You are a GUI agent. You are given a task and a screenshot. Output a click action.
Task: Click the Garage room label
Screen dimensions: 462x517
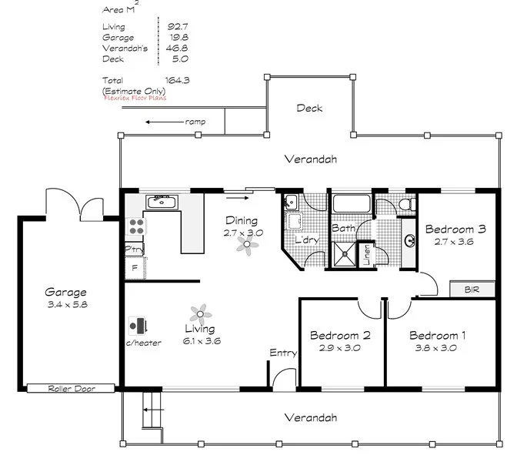pos(65,293)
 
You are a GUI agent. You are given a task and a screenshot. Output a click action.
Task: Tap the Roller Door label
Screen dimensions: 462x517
pos(71,389)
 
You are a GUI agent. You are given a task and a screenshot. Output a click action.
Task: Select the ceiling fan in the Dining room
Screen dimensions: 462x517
pos(246,245)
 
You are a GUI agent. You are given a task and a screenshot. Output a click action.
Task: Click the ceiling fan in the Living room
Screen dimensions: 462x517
pos(200,313)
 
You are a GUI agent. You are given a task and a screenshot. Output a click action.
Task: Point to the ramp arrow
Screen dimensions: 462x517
pos(162,122)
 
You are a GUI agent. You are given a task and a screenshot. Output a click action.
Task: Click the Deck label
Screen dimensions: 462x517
pos(309,109)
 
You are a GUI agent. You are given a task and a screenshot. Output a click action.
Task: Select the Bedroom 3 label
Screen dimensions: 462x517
pos(455,229)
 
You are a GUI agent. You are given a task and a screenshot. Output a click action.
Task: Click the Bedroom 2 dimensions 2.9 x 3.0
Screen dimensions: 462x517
pos(341,347)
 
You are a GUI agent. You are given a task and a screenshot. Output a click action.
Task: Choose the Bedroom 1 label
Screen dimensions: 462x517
pos(437,336)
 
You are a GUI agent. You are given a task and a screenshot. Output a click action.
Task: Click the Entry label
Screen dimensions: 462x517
pos(283,353)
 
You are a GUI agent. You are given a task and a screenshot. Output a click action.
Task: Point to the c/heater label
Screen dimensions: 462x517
pos(144,343)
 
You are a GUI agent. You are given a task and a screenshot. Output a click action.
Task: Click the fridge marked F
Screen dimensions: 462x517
pos(135,268)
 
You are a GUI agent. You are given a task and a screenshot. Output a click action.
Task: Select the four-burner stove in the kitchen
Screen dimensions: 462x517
pos(136,226)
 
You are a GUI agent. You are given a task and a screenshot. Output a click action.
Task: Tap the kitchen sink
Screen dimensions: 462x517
pos(162,202)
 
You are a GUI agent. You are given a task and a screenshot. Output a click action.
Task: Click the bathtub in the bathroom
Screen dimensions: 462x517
pos(351,205)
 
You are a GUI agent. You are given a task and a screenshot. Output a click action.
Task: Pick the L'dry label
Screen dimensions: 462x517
pos(307,240)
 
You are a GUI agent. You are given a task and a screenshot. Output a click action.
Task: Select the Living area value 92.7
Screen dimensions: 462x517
pos(178,27)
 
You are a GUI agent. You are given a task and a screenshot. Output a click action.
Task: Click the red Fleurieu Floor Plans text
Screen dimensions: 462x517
pos(134,98)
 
